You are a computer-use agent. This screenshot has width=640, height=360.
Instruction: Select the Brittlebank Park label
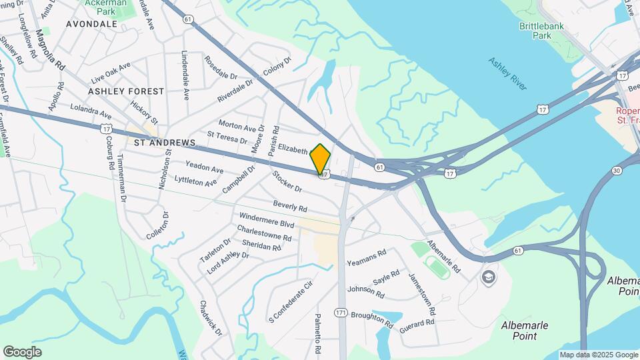541,31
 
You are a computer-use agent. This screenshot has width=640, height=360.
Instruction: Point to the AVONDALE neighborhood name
92,24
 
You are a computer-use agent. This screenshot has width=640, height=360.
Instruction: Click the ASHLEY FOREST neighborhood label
126,91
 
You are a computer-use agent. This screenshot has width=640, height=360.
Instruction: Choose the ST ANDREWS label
164,143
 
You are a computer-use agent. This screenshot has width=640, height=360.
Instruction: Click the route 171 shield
341,312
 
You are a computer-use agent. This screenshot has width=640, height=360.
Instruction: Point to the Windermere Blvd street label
267,221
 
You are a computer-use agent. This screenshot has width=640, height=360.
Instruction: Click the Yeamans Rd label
367,258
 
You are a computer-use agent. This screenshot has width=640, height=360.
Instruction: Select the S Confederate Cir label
290,301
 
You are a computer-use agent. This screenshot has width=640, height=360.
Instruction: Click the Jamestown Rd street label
422,294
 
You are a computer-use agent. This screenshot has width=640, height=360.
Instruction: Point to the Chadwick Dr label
210,317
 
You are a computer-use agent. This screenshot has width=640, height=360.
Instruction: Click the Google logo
22,352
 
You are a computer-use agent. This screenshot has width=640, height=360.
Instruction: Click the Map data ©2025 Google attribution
599,355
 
